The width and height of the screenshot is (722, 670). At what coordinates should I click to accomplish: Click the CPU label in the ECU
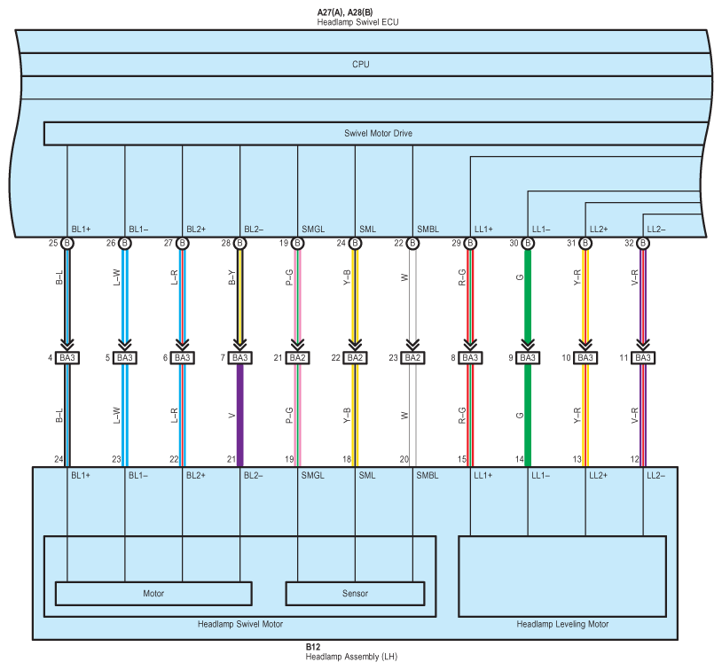360,65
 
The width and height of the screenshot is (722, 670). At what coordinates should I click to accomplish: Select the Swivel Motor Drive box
378,134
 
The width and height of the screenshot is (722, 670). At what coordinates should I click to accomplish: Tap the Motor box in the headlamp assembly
153,593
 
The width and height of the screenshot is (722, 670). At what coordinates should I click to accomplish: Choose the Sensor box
355,593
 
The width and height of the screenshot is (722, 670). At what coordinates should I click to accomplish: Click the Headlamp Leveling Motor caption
562,625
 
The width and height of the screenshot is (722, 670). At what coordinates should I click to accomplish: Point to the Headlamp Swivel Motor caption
239,625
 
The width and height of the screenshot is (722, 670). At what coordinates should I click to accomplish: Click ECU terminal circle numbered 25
67,243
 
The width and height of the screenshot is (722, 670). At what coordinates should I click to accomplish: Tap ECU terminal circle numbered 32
643,243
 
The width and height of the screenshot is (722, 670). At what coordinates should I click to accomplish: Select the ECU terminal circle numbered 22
412,243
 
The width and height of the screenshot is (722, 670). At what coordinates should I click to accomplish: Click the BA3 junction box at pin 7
239,358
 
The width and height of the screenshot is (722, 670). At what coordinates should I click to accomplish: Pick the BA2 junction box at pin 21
297,358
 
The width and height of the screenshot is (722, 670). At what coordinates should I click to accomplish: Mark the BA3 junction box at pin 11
643,358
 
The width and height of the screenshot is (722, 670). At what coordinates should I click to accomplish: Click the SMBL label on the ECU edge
428,230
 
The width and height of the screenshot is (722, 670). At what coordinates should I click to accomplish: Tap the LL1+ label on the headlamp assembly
483,476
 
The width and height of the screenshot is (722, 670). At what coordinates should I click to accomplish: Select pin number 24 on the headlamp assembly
58,459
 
